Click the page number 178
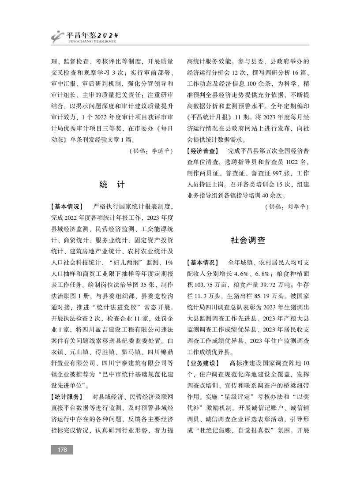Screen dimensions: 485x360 click(x=62, y=449)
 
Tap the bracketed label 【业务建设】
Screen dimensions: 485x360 click(x=203, y=363)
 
